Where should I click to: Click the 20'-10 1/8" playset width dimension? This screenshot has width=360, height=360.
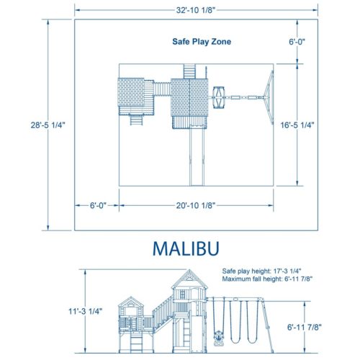click(197, 206)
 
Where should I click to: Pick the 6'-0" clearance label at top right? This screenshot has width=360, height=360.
click(297, 42)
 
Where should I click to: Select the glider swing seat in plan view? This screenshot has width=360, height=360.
click(222, 94)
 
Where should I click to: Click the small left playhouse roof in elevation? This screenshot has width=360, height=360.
click(130, 302)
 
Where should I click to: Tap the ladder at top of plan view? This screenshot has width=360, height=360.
click(189, 71)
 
